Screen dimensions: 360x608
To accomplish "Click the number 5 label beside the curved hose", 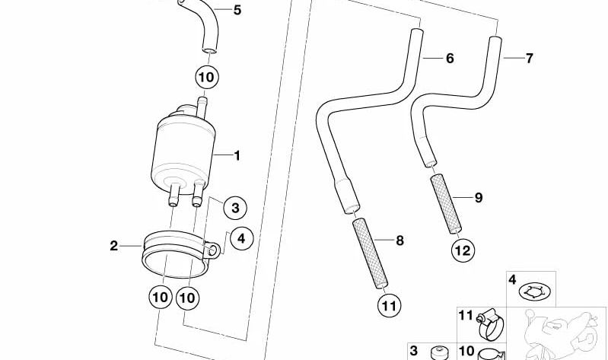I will coord(237,11).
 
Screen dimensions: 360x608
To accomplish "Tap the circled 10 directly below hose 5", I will coord(207,77).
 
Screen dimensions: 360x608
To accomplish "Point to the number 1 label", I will coord(237,156).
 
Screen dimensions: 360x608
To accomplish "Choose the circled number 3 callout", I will coord(235,207).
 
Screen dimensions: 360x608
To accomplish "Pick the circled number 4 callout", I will coord(241,238).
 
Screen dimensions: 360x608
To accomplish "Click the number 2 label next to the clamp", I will coord(113,246).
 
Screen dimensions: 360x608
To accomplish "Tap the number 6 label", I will coord(450,58).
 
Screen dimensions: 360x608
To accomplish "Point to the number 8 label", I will coord(399,241).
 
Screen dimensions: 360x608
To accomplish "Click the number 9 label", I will coord(479,198).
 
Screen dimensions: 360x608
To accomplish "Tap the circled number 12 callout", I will coord(462,249).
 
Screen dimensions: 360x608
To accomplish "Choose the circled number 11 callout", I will coord(389,306).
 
